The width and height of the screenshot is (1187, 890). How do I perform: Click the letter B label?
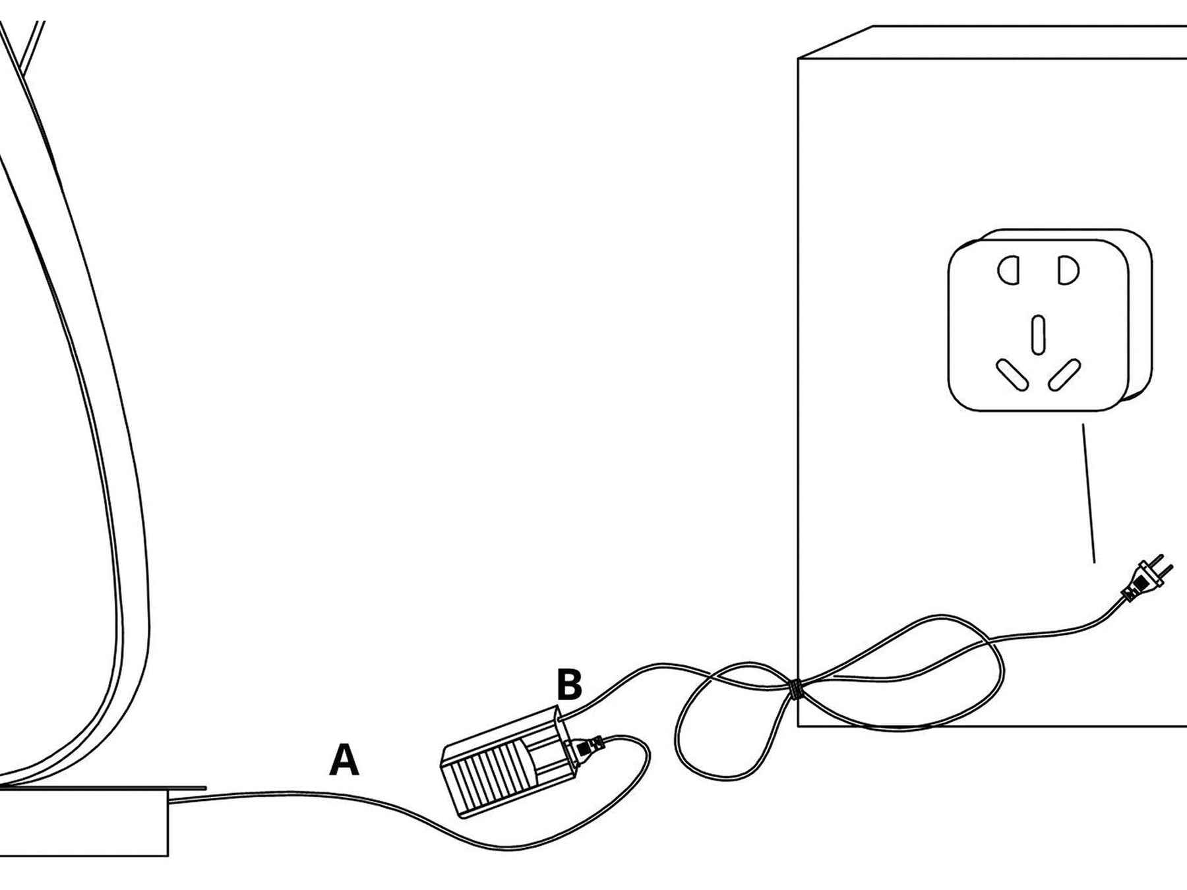(569, 685)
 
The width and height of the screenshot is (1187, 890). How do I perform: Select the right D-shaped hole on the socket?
(1068, 271)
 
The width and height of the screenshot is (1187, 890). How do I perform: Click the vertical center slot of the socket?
(1039, 334)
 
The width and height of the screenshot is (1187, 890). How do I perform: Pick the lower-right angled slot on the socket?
(1064, 375)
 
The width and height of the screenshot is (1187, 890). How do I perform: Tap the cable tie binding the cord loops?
(796, 690)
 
